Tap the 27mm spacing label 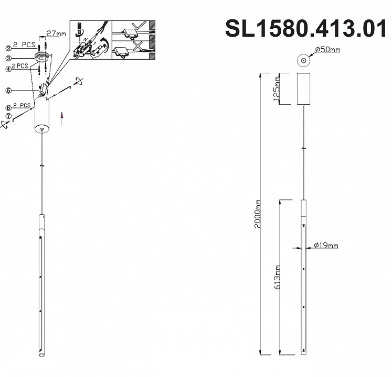[x=56, y=34]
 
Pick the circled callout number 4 [x=8, y=69]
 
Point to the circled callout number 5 [x=8, y=90]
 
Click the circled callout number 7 [x=8, y=116]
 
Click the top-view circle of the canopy [x=303, y=61]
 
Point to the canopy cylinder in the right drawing [x=303, y=89]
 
